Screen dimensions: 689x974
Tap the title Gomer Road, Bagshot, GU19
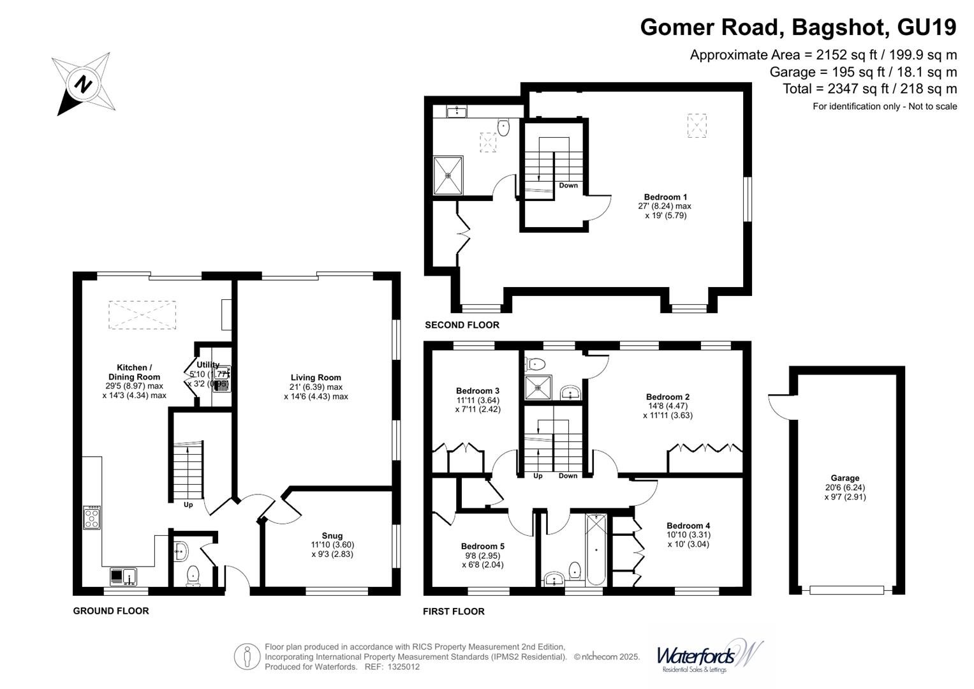(x=798, y=27)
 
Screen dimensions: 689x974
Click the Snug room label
(x=332, y=536)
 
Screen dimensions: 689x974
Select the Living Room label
(x=316, y=378)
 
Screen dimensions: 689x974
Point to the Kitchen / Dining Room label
(x=134, y=372)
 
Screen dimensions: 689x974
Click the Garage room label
(x=845, y=478)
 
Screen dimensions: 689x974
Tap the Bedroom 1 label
(x=665, y=197)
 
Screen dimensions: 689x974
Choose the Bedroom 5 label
(x=482, y=546)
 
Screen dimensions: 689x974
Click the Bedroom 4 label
(x=688, y=526)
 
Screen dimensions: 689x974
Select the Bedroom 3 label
(x=477, y=391)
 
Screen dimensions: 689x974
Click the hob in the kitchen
(x=92, y=517)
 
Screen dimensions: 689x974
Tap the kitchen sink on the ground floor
(x=122, y=577)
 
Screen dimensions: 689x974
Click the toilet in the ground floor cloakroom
(x=193, y=576)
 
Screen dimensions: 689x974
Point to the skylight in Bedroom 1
(x=697, y=126)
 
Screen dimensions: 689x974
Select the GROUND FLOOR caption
(x=111, y=611)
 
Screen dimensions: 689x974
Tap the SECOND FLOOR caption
(x=462, y=325)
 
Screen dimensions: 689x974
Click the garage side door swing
(x=779, y=404)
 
